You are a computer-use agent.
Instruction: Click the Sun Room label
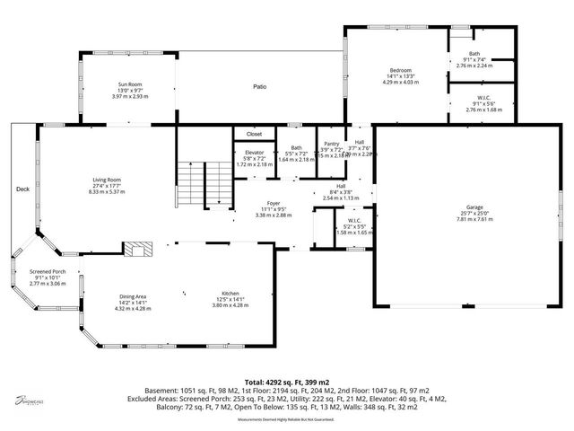coord(130,84)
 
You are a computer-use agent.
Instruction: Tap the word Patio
coord(259,87)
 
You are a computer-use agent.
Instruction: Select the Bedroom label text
coord(400,69)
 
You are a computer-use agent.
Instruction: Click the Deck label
coord(22,189)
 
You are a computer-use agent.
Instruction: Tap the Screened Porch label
coord(48,272)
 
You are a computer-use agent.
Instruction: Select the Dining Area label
coord(132,296)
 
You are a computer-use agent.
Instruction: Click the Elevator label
coord(254,153)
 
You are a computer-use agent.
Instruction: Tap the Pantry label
coord(331,144)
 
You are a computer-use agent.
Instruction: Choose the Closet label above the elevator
coord(254,134)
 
